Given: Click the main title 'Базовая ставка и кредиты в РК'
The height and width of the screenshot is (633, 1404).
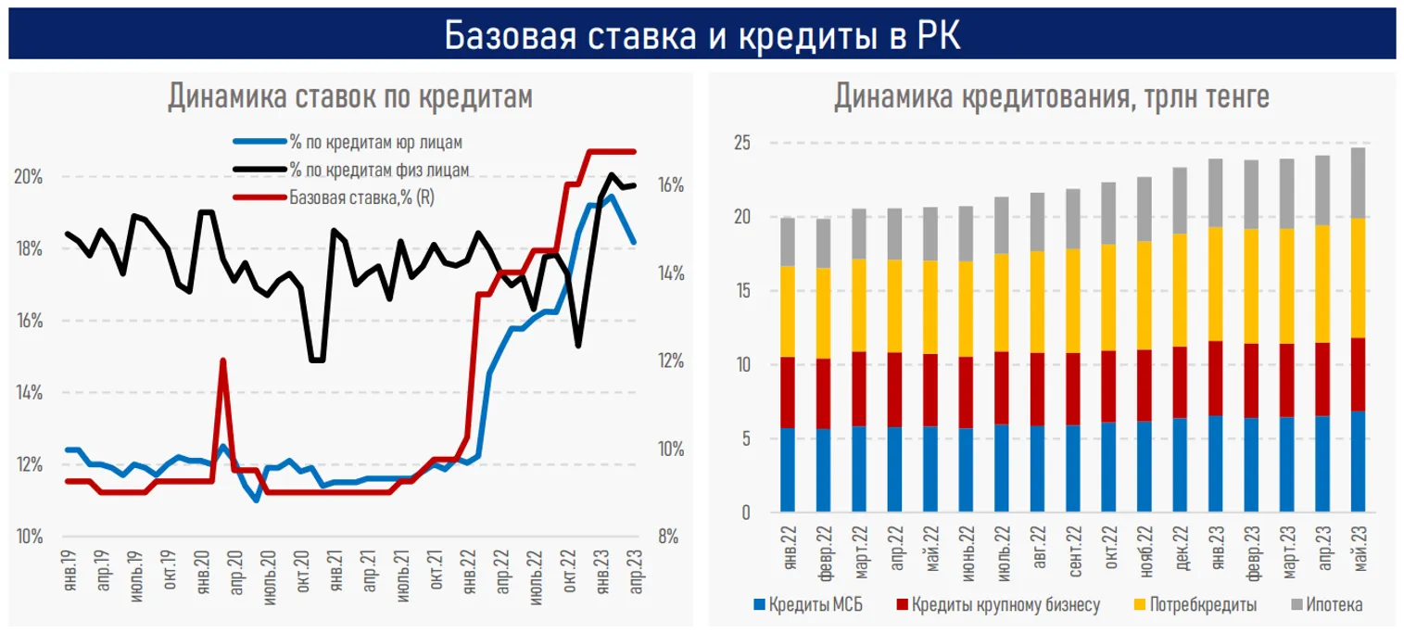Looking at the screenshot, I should click(x=702, y=35).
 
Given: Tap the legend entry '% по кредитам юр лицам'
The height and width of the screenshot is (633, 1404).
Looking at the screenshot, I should click(x=375, y=143).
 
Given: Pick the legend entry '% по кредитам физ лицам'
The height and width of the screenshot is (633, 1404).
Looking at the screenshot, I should click(x=379, y=170).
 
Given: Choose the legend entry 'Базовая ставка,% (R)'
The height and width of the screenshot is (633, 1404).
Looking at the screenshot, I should click(x=360, y=196).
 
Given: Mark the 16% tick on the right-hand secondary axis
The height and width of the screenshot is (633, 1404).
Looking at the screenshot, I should click(x=671, y=185).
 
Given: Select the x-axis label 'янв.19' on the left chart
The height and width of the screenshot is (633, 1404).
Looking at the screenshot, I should click(x=68, y=567).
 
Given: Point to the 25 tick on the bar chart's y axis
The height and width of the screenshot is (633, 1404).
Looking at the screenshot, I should click(x=741, y=144).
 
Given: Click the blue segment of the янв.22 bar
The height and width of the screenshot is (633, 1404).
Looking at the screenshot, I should click(x=788, y=470).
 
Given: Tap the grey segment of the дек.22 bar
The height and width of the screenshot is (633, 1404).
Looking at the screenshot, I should click(x=1180, y=200).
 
